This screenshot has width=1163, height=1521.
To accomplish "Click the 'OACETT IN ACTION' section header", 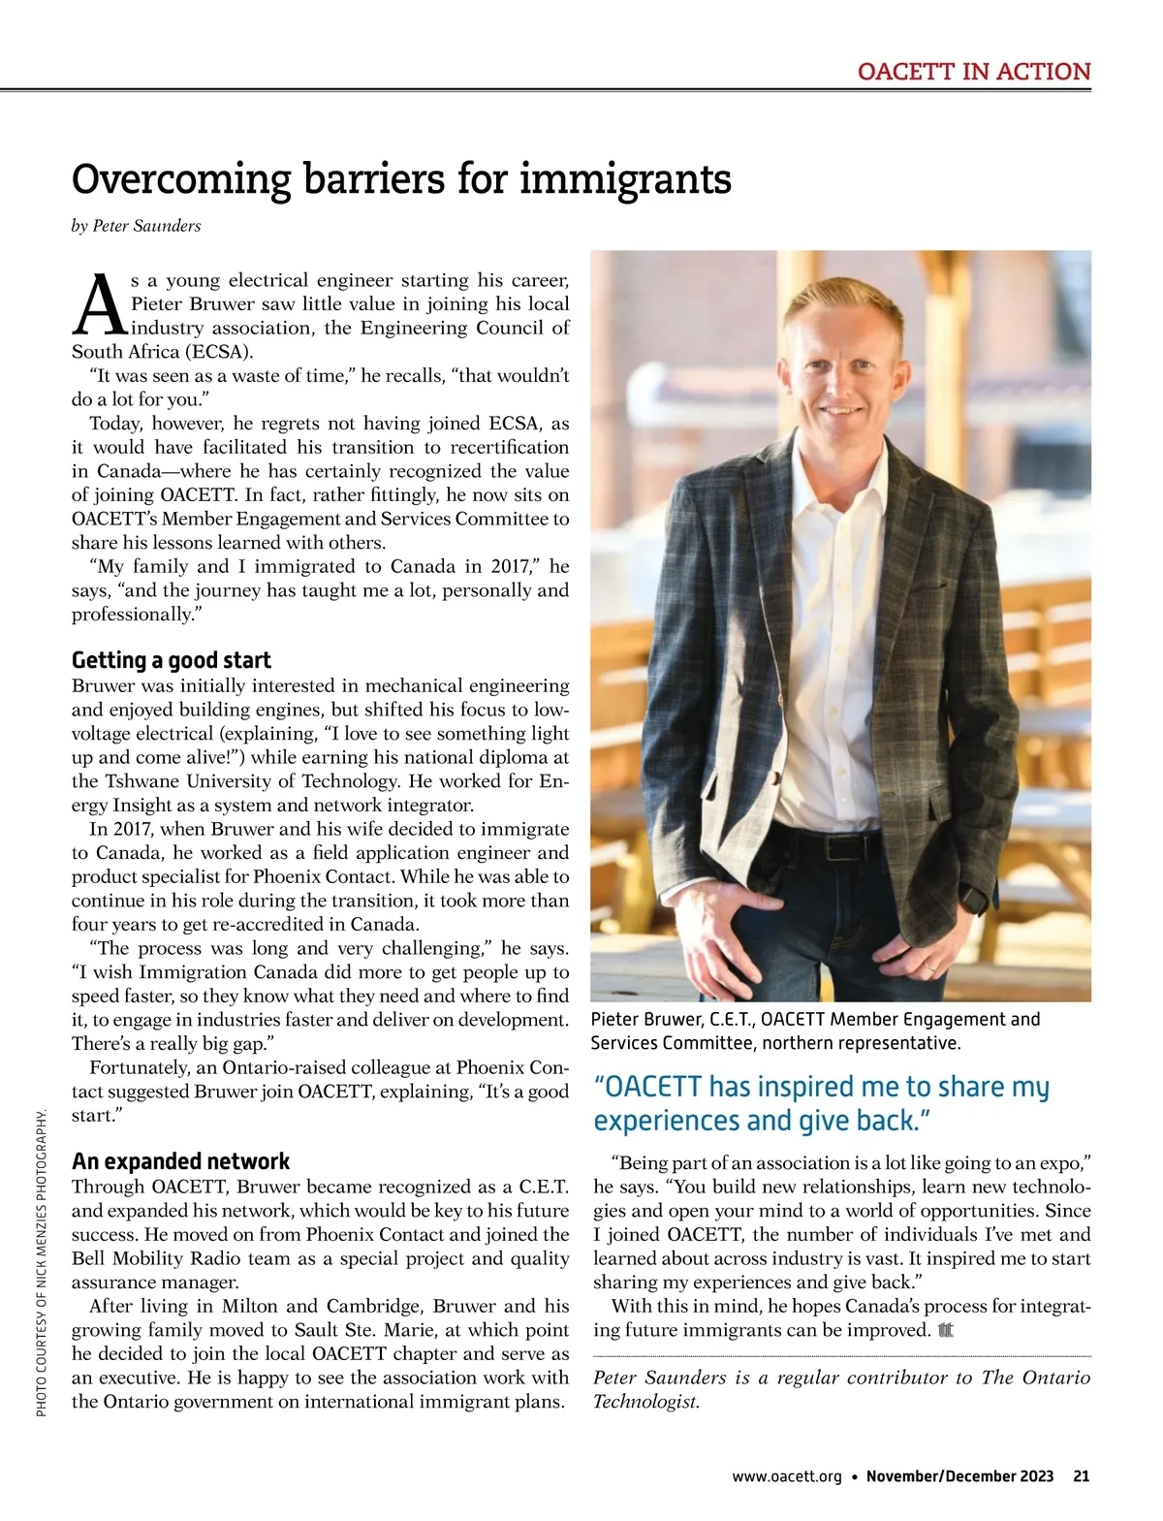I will coord(973,72).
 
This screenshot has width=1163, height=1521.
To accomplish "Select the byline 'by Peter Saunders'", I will coord(137,226).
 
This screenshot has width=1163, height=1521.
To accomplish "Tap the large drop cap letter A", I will coord(99,301).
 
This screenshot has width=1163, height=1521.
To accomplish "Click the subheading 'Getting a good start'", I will coord(172,660).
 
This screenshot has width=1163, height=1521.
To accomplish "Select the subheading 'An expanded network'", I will coord(180,1161).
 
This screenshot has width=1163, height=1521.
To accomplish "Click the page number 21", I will coord(1081,1476).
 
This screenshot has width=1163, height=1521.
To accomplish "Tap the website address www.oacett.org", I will coord(787,1476).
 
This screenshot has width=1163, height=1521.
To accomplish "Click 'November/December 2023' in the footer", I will coord(959,1476).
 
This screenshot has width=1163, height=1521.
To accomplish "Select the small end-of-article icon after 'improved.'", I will coord(946,1331).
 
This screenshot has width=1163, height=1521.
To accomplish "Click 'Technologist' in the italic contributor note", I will coord(644,1402).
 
